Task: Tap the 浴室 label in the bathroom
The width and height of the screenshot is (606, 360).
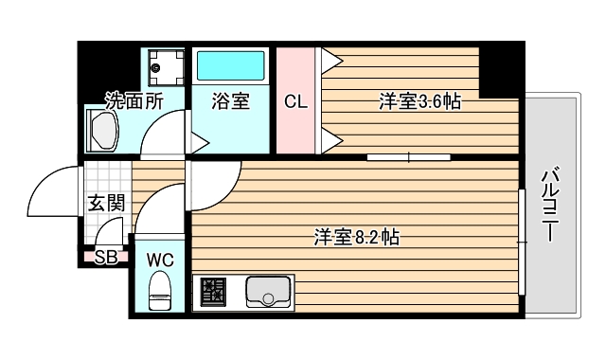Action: point(230,100)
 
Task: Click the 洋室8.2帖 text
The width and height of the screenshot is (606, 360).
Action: point(356,237)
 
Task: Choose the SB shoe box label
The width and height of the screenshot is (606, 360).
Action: point(105,256)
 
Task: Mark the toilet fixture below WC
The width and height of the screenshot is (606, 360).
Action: point(159,289)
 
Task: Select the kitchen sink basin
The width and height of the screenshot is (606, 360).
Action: point(269,292)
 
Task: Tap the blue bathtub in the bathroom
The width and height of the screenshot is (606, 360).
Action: point(230,67)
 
